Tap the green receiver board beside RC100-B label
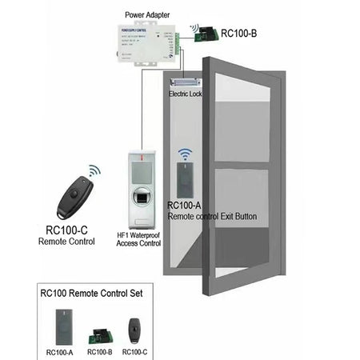click(x=210, y=33)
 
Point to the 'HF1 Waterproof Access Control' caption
click(x=139, y=239)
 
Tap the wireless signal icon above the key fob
click(x=94, y=170)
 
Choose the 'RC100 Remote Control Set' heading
click(x=91, y=294)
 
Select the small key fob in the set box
click(x=134, y=328)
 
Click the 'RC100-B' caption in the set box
click(x=98, y=351)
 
